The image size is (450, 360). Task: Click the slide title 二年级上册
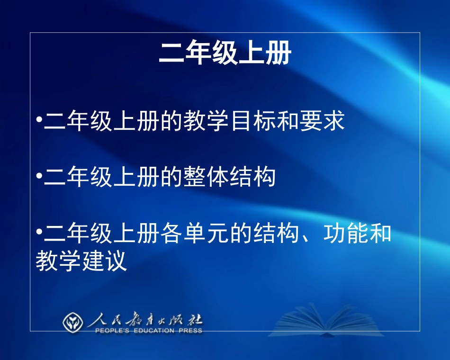(x=225, y=54)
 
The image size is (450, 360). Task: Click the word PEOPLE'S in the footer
(x=112, y=331)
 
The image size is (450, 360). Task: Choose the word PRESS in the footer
(x=191, y=331)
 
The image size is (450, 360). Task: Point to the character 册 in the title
(x=278, y=54)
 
